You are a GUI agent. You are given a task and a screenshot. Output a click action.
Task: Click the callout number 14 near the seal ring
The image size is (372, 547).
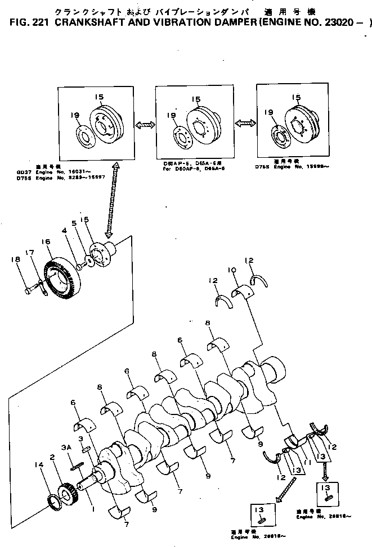(38, 464)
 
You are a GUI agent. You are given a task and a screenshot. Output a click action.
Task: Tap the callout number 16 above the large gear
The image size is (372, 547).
(46, 241)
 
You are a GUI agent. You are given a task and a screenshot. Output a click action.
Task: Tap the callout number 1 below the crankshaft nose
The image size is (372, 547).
(93, 509)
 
